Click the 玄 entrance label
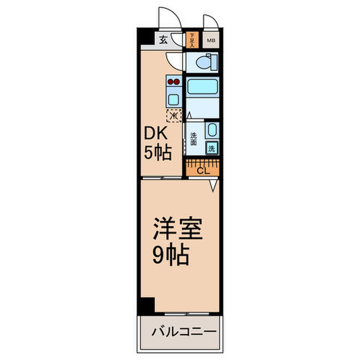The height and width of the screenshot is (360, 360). (x=162, y=40)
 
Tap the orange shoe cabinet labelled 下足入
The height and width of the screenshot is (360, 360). (x=191, y=40)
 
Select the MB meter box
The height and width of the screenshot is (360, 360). (x=211, y=40)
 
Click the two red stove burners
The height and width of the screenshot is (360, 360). (x=173, y=81)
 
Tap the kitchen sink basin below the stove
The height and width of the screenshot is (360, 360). (x=173, y=99)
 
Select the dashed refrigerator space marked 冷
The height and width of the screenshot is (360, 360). (x=173, y=116)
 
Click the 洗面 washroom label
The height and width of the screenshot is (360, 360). (x=193, y=139)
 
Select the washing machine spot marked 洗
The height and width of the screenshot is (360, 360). (x=211, y=149)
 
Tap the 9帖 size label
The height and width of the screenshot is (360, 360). (x=171, y=255)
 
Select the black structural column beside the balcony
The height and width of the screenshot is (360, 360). (x=147, y=305)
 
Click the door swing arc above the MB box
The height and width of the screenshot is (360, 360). (x=210, y=23)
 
